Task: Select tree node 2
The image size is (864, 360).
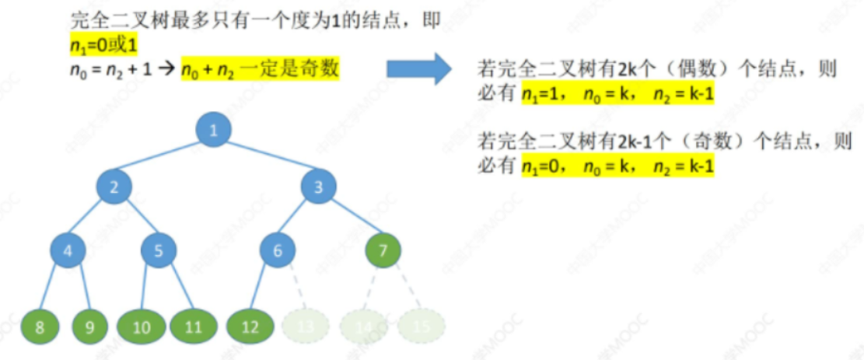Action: (114, 187)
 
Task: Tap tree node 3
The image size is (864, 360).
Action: (317, 187)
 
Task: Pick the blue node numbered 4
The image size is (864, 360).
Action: (68, 250)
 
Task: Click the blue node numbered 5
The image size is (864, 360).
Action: (159, 250)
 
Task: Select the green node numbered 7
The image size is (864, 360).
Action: (383, 250)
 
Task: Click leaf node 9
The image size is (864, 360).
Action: (90, 327)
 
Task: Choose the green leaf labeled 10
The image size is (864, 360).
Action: (141, 327)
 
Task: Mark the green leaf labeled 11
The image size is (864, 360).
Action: (193, 327)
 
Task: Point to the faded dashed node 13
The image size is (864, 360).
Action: (305, 327)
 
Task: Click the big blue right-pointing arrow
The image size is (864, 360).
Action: (418, 69)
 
